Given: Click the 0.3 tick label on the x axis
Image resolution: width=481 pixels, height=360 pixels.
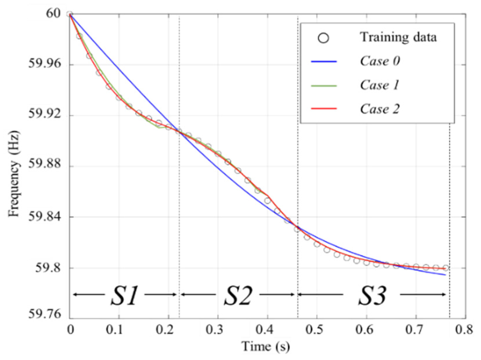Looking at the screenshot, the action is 218,330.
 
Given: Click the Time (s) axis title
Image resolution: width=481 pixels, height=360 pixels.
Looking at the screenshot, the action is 266,346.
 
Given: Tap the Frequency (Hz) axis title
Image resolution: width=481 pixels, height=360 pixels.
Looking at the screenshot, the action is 14,174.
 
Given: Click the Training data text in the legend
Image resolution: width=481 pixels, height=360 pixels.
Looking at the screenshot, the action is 398,38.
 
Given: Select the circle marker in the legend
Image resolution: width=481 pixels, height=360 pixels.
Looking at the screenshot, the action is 324,38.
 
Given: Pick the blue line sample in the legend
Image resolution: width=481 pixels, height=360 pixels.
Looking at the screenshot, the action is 324,61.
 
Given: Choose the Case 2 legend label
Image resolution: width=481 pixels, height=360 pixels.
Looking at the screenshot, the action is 380,109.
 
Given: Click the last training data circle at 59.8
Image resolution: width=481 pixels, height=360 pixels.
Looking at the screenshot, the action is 445,268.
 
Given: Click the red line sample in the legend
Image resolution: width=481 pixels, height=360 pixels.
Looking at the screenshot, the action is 324,109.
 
